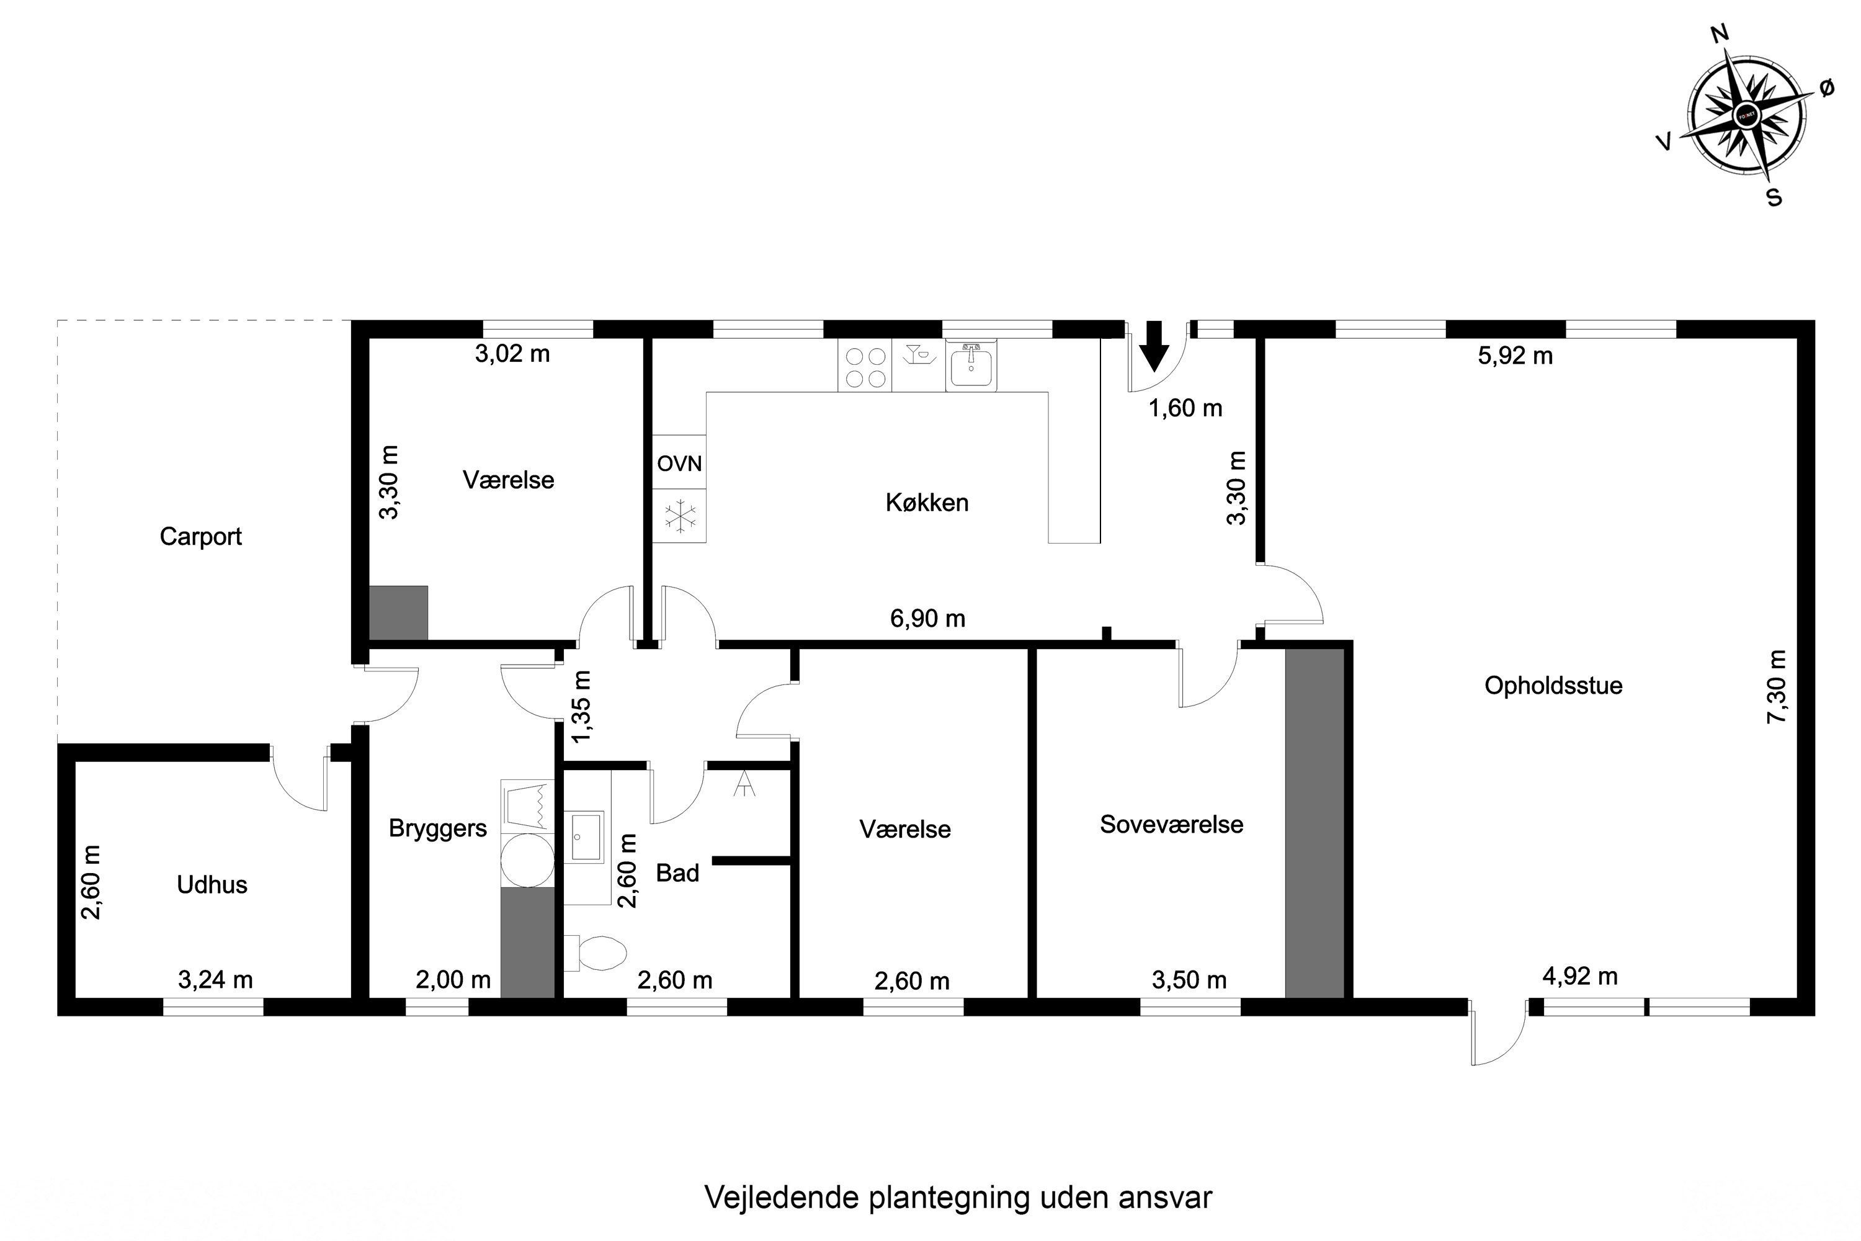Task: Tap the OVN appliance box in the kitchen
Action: click(679, 462)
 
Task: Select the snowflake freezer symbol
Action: click(679, 516)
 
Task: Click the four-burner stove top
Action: click(865, 367)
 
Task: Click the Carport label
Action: click(200, 537)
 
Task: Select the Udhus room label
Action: click(212, 885)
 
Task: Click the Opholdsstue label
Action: click(1553, 686)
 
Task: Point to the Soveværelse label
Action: click(1171, 825)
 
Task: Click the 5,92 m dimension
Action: click(1514, 356)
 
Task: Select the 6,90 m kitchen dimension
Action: click(927, 619)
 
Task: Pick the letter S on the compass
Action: click(1774, 198)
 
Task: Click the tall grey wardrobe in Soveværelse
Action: click(1314, 823)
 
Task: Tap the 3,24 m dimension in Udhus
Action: click(215, 980)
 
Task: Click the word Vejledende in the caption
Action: click(781, 1198)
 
